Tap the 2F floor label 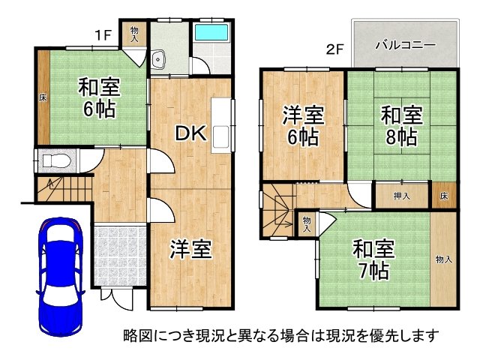point(334,51)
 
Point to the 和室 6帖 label point(99,98)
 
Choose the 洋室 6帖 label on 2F point(302,126)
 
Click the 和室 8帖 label point(400,126)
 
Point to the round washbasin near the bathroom point(157,60)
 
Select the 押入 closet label point(402,196)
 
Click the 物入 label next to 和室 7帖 point(443,259)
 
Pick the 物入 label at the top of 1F point(135,33)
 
